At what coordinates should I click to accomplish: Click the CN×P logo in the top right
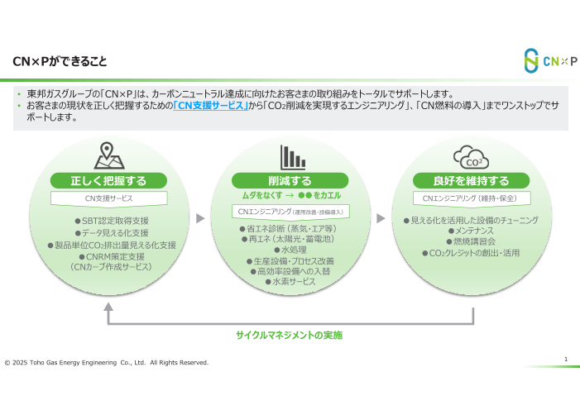click(x=549, y=60)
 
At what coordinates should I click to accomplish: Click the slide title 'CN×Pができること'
click(x=60, y=62)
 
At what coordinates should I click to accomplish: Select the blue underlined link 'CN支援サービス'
click(x=211, y=106)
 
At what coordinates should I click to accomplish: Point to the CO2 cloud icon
click(x=471, y=156)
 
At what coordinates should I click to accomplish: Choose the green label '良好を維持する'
click(x=471, y=181)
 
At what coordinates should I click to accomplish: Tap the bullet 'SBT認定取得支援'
click(x=111, y=221)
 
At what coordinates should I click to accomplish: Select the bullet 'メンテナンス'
click(x=471, y=231)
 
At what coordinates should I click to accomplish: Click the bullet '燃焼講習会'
click(x=471, y=241)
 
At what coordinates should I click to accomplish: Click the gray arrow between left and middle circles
click(x=200, y=218)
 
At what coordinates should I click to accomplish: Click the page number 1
click(x=565, y=359)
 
